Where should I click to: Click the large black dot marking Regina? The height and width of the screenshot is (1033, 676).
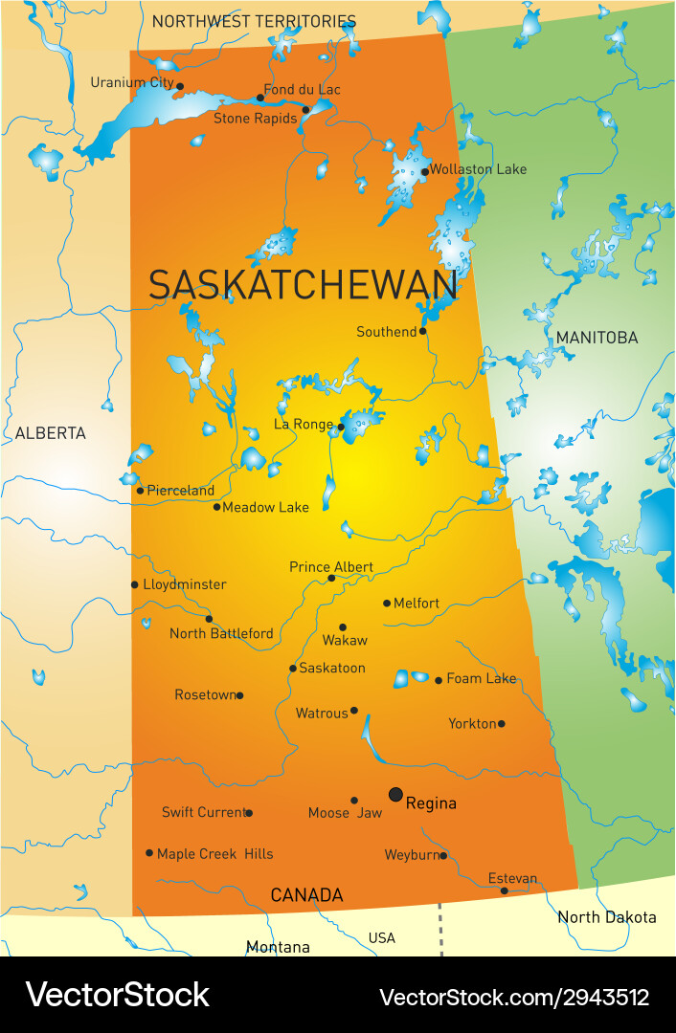click(x=395, y=794)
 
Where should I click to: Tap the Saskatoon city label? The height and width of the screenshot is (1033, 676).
click(x=332, y=668)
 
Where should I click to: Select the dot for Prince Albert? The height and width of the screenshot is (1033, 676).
click(x=331, y=578)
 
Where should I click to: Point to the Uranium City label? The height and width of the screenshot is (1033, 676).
click(x=132, y=82)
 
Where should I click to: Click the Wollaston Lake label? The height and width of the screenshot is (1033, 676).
click(x=478, y=169)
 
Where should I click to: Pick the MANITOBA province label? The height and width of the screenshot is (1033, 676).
click(x=597, y=338)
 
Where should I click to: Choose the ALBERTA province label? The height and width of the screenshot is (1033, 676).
click(x=50, y=433)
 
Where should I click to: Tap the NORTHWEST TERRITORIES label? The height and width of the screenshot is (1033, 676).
click(x=254, y=21)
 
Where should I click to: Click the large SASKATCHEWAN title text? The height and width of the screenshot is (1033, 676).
click(x=303, y=285)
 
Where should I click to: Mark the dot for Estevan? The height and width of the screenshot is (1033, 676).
click(x=505, y=890)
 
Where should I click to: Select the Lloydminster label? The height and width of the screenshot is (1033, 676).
click(x=185, y=584)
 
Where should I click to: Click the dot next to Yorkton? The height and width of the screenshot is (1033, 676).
click(x=501, y=723)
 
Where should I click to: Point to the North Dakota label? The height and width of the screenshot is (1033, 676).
click(x=607, y=917)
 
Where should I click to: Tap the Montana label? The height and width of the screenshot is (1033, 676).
click(x=278, y=947)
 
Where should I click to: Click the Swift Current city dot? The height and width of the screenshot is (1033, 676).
click(x=249, y=813)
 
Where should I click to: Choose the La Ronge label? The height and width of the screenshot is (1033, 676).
click(x=304, y=425)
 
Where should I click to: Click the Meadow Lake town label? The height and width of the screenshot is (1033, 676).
click(x=265, y=507)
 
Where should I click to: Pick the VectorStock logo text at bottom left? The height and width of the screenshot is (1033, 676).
click(x=117, y=995)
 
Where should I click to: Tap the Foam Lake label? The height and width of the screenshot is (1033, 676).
click(x=482, y=678)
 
